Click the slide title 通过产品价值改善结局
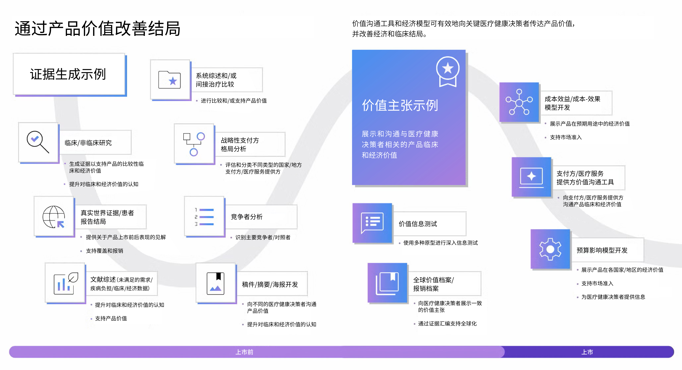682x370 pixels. [x=97, y=29]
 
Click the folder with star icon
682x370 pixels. [x=169, y=80]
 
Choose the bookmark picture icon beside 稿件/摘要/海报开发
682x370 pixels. [x=216, y=283]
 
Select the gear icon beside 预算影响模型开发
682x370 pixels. [x=550, y=249]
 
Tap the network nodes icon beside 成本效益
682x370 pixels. [x=519, y=102]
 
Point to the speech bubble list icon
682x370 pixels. [x=372, y=223]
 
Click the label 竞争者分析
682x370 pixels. [x=246, y=217]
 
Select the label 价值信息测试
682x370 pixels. [x=418, y=224]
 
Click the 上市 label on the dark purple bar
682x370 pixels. [x=587, y=352]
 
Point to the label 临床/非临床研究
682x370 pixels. [x=88, y=143]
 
